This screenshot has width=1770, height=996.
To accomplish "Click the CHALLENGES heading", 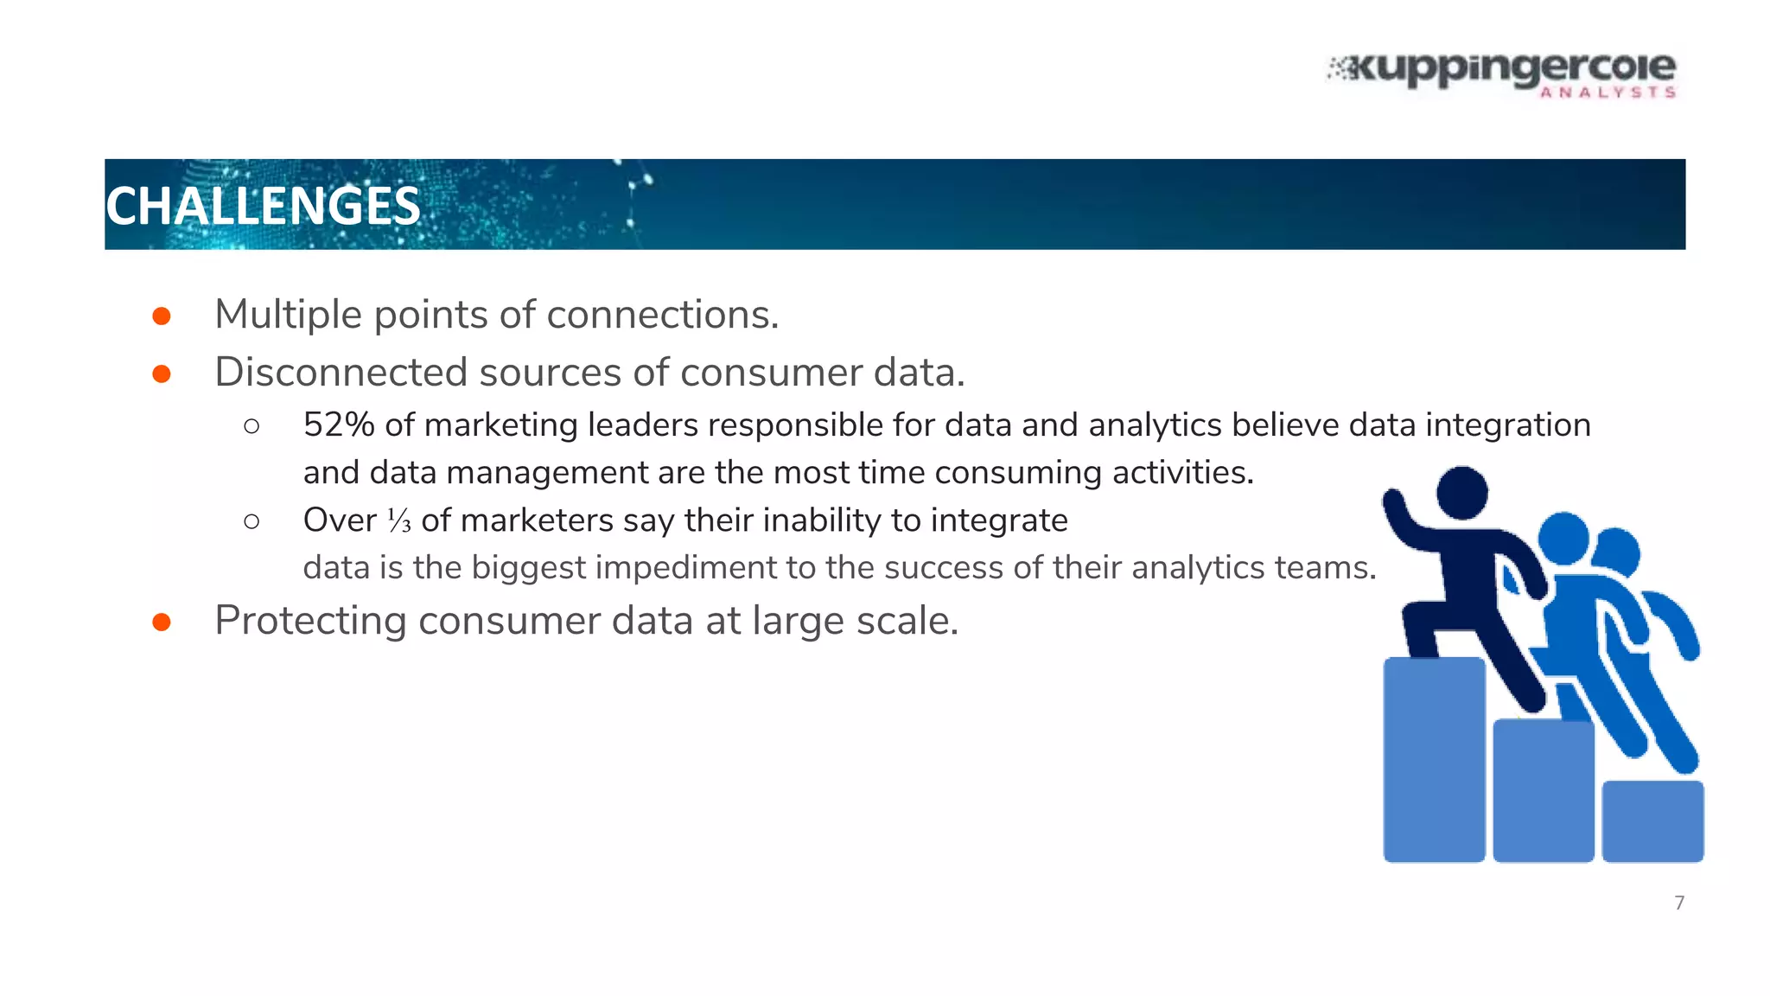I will tap(263, 207).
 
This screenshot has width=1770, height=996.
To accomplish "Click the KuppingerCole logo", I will tap(1502, 71).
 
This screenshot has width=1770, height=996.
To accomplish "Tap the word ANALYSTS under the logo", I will tap(1608, 93).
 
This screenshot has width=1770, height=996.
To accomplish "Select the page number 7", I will tap(1679, 903).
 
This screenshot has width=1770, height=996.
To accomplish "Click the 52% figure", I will tap(338, 425).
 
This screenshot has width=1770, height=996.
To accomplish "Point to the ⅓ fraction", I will tap(399, 520).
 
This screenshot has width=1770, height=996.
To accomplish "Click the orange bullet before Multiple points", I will tap(162, 316).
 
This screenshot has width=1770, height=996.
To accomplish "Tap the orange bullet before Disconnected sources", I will tap(162, 373).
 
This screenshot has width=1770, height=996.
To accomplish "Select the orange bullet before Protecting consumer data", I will tap(162, 622).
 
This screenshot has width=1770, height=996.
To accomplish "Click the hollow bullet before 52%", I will tap(251, 426).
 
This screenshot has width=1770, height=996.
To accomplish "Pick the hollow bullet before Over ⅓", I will tap(251, 521).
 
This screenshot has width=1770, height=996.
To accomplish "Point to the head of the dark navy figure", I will tap(1461, 493).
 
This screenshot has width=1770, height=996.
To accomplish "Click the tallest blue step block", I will tap(1434, 759).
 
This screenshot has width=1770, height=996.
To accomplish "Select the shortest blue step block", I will tap(1652, 820).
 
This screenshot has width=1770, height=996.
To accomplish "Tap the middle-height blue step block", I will tap(1544, 790).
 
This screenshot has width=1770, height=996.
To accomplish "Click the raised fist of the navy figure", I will tap(1393, 501).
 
